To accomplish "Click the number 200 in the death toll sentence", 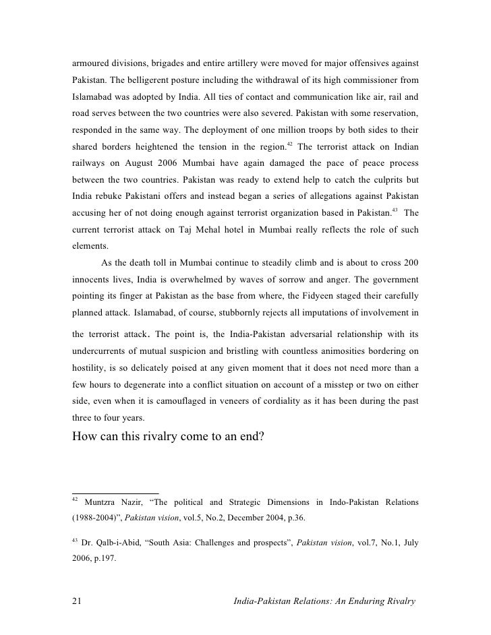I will pos(411,263).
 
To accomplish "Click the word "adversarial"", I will pos(320,333).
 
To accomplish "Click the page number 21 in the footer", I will pos(77,602).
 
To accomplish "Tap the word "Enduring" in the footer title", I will pos(358,602).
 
